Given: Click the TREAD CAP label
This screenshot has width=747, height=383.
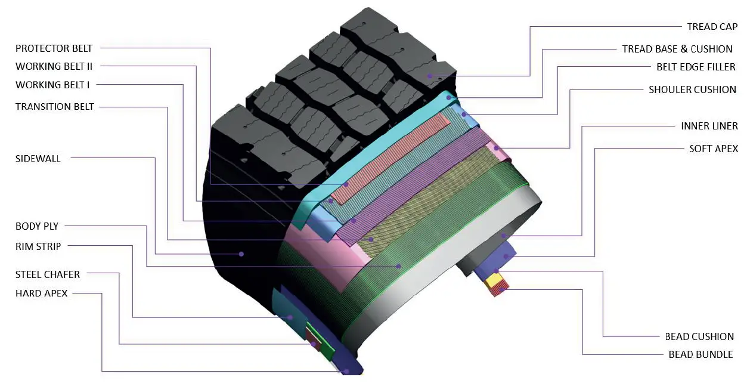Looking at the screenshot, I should tap(712, 27).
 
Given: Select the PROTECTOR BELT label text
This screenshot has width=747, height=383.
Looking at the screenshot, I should tap(54, 48).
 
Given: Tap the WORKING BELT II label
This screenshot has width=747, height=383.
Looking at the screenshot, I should tap(54, 66).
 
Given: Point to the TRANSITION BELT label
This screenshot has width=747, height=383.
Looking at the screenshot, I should tap(55, 107).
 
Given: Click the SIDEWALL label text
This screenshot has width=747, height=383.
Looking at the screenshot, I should tap(38, 159).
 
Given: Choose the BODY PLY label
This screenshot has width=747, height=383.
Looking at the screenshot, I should tap(37, 226).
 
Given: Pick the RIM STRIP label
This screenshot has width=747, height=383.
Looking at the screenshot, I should tap(38, 246).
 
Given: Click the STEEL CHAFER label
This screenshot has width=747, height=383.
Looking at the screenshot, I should tap(48, 274).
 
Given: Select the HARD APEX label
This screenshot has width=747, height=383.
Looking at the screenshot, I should tap(42, 293).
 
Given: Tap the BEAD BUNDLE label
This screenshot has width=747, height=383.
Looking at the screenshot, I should tap(700, 354).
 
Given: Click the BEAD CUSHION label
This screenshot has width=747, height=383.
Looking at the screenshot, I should tap(699, 336).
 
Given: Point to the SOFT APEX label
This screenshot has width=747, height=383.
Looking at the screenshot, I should tap(714, 149).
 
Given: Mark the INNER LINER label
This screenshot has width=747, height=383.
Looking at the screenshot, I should tap(709, 126).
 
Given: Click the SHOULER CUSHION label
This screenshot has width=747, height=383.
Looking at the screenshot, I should tap(692, 89).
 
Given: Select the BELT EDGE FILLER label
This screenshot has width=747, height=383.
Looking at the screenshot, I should tap(696, 67).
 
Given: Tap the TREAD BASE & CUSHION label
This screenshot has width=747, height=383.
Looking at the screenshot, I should tap(677, 49).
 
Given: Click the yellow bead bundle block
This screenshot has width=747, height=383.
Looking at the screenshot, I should tap(495, 279).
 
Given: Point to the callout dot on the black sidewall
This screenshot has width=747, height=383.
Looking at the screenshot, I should tap(241, 254).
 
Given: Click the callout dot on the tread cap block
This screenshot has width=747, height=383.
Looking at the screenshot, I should tap(429, 76).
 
